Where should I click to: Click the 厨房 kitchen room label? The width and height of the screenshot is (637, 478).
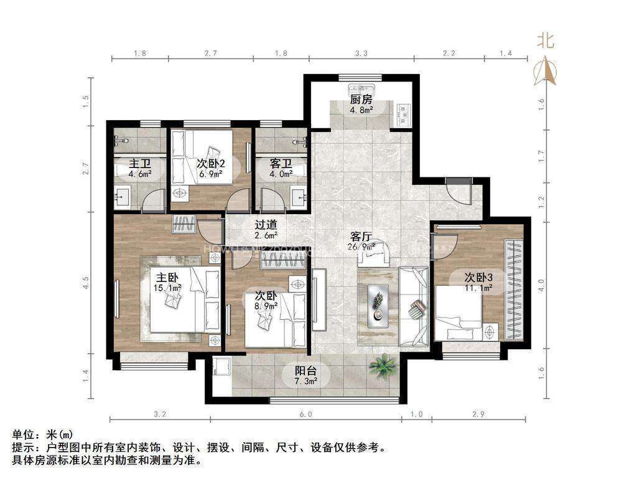[x=361, y=100]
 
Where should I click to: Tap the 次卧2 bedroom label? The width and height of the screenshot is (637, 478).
[x=210, y=164]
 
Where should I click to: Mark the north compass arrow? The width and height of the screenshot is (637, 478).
[x=546, y=71]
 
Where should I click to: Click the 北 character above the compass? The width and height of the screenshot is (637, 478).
[x=546, y=41]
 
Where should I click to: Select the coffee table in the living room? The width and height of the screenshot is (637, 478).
[x=378, y=305]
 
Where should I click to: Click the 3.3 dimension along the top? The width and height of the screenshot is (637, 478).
[x=361, y=54]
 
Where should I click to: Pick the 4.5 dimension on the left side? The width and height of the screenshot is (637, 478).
[x=86, y=283]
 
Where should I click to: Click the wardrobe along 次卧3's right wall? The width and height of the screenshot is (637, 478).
[x=514, y=289]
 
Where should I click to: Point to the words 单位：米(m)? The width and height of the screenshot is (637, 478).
[x=42, y=434]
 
